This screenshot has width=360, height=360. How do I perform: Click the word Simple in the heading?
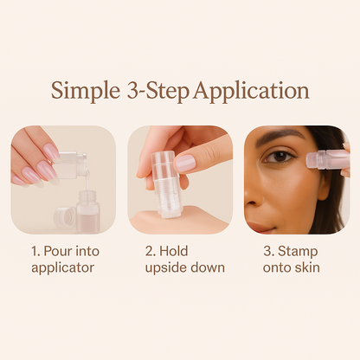86,91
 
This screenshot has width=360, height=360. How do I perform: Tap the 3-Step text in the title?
157,90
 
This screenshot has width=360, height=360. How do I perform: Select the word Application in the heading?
252,91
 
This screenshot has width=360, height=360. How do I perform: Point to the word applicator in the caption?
63,268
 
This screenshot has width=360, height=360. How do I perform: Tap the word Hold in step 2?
174,251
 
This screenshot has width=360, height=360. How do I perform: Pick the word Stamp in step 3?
298,252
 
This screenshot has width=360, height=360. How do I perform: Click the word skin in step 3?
307,267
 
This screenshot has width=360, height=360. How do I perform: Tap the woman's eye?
279,157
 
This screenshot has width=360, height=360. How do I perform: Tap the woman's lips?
259,227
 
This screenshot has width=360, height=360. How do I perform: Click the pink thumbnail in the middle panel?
185,163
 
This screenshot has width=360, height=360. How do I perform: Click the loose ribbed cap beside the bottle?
65,216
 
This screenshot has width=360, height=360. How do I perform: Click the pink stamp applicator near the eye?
327,159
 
